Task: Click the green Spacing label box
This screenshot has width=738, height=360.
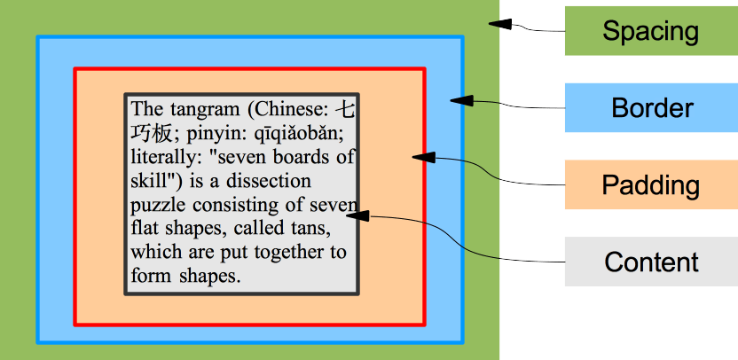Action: click(650, 31)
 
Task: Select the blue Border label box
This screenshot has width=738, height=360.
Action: click(650, 108)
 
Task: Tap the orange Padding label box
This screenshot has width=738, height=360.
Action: click(650, 185)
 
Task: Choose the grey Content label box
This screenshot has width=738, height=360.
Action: click(650, 262)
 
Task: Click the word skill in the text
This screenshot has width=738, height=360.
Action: click(148, 182)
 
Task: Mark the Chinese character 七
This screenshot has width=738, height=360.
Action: click(348, 110)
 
